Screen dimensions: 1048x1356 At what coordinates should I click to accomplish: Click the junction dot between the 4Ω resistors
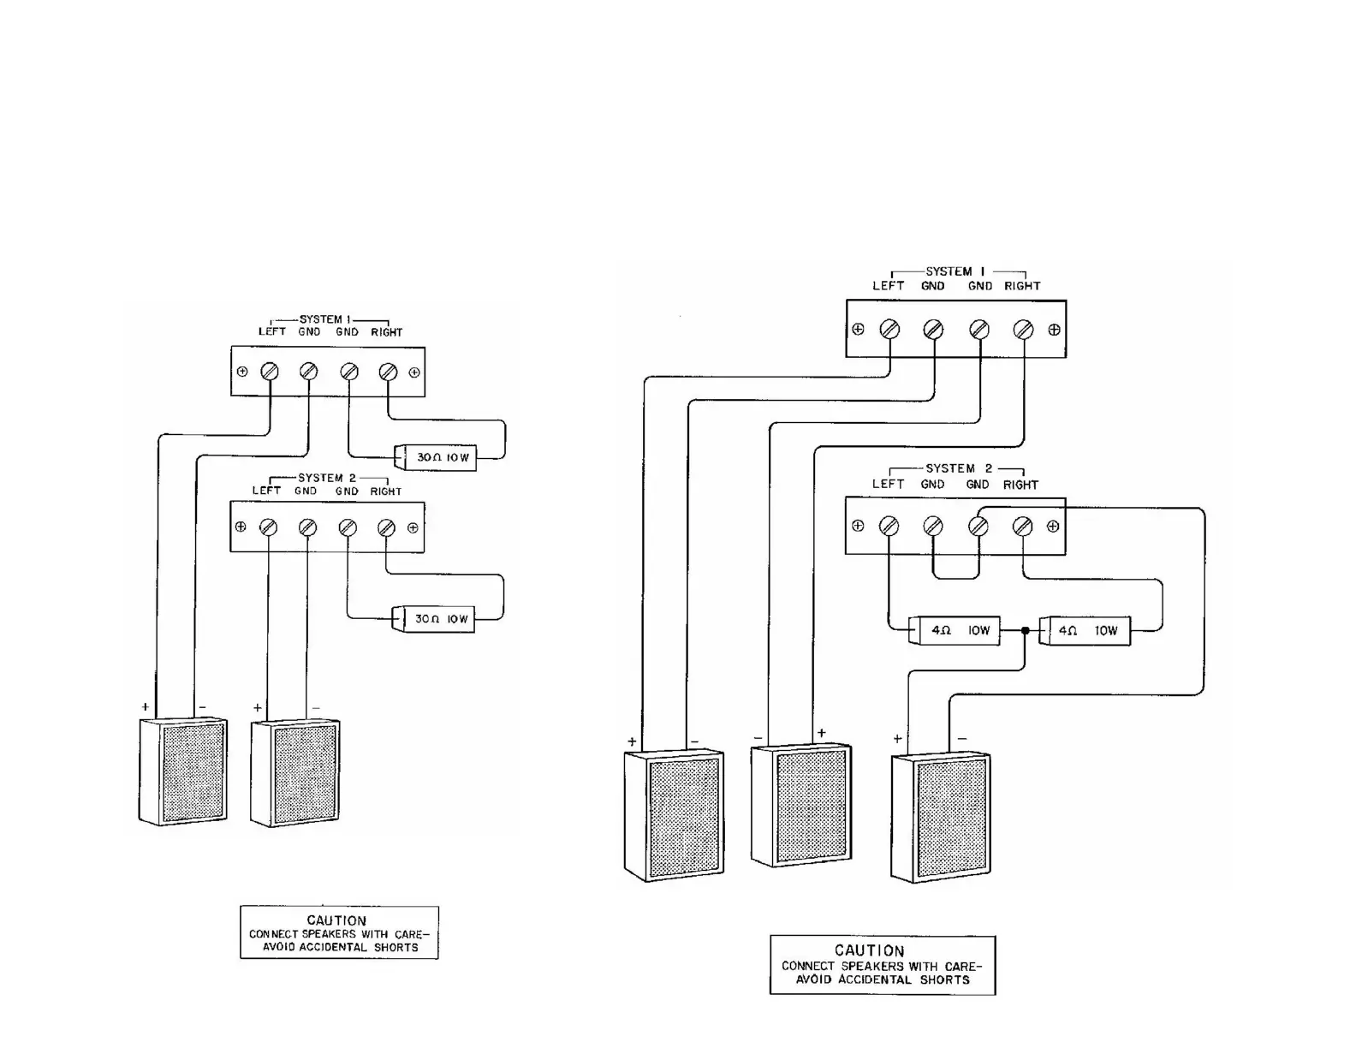coord(1025,631)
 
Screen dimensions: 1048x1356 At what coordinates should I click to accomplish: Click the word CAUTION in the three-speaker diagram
coord(870,950)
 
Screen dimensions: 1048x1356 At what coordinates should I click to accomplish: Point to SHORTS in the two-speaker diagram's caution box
coord(395,947)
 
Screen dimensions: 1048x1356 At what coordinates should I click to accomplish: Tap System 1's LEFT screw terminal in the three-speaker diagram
coord(890,330)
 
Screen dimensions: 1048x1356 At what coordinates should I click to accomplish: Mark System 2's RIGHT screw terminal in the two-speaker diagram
coord(386,527)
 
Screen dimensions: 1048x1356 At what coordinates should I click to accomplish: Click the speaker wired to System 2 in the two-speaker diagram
coord(295,773)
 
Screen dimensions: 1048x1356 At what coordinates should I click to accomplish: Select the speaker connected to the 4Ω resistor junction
coord(941,818)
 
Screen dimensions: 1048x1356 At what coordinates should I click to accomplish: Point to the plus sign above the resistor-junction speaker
coord(897,738)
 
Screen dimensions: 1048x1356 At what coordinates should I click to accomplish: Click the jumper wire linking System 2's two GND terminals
coord(955,578)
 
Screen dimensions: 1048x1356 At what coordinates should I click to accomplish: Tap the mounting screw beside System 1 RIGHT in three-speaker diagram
coord(1054,330)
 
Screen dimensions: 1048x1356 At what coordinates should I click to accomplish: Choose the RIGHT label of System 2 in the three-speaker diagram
coord(1020,485)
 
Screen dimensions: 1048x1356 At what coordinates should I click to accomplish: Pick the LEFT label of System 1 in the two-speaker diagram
coord(272,332)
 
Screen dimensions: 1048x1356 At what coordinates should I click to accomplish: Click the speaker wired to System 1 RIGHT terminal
coord(801,805)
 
